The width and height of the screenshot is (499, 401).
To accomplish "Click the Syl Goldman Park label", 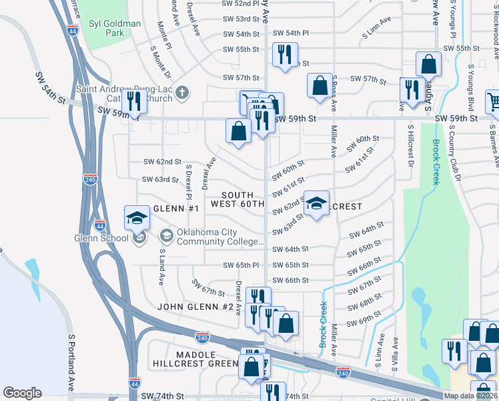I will [x=113, y=29].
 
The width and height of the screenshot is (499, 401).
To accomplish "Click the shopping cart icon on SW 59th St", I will [x=494, y=102].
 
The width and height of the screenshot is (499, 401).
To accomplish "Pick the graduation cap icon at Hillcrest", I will [x=316, y=203].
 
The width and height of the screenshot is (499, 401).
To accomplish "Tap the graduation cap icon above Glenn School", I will [x=137, y=219].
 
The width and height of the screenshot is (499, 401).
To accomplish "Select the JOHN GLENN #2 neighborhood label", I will [x=195, y=307].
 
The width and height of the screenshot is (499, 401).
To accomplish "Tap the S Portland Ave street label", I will [x=71, y=363].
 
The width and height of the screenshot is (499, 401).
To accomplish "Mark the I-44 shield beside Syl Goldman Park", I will [x=74, y=30].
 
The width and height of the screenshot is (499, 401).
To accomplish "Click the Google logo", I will [x=23, y=392].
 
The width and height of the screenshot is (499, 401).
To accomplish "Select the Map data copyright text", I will [x=471, y=396].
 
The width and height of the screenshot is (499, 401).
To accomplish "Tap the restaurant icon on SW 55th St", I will [x=286, y=55].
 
